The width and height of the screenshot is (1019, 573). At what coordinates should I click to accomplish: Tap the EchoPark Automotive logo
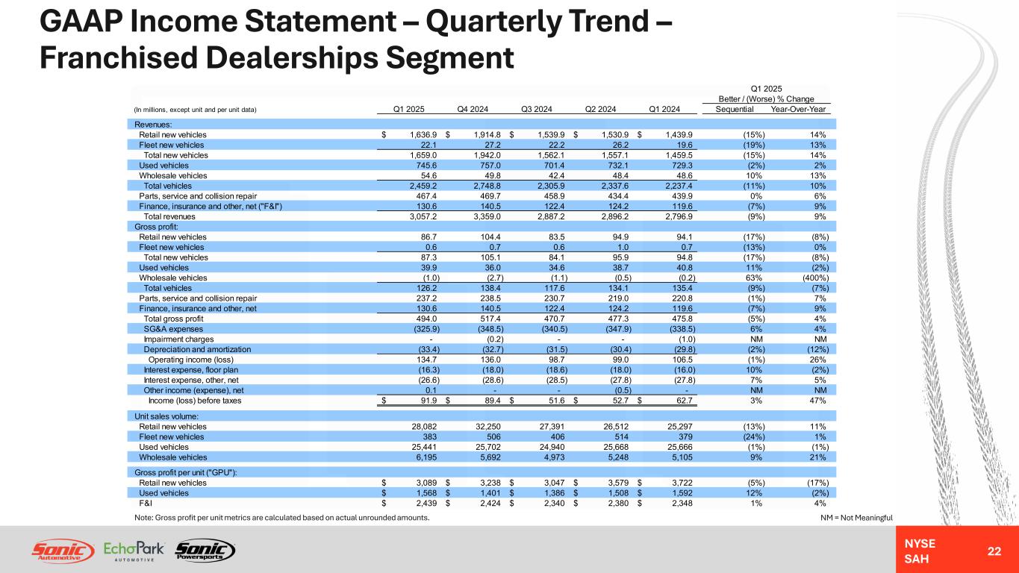134,551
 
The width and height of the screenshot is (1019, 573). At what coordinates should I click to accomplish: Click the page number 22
993,551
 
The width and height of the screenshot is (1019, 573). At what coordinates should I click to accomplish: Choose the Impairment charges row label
172,339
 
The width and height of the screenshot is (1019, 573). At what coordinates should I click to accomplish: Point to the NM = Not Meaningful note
855,519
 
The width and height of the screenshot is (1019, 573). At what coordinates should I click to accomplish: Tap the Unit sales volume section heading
166,416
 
